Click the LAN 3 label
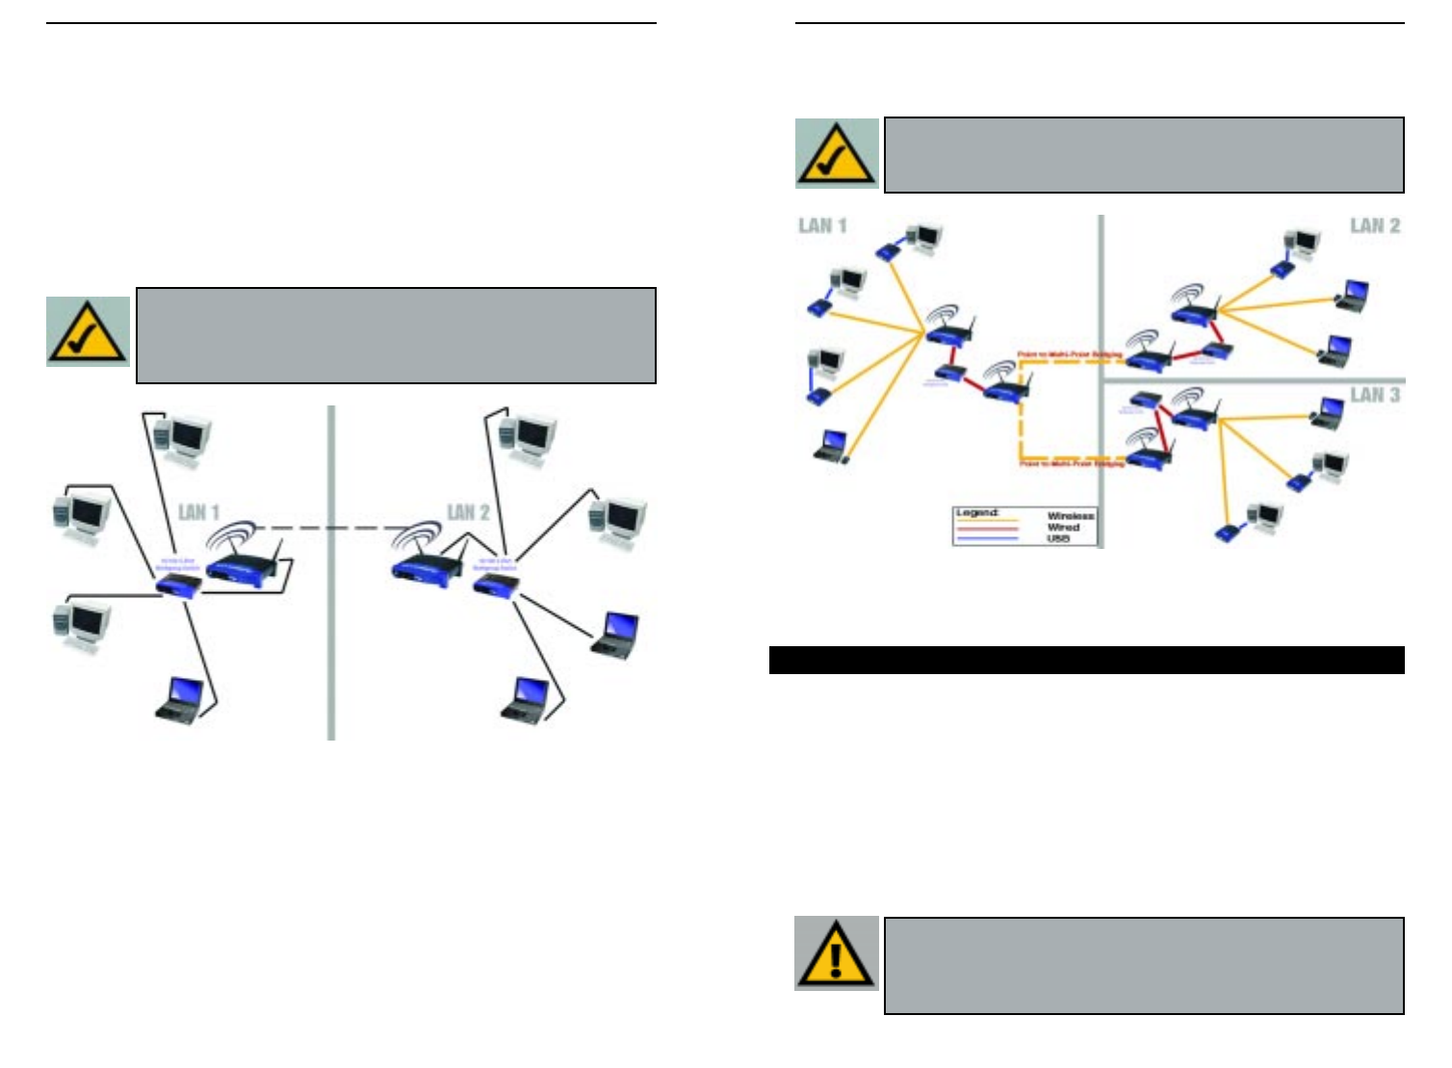pos(1374,395)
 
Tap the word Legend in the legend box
pos(977,512)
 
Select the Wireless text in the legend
pos(1071,516)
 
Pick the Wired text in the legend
pos(1064,528)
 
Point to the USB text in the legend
pos(1058,538)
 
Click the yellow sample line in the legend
pos(987,521)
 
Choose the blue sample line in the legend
pos(987,538)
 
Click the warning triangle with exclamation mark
pos(836,952)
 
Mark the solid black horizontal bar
pos(1086,661)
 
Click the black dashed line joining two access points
pos(332,528)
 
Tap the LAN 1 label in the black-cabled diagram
pos(199,511)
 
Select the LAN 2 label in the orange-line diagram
pos(1374,226)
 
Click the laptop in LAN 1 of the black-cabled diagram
pos(181,699)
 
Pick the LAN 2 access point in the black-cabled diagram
pos(424,559)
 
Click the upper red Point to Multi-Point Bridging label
pos(1069,355)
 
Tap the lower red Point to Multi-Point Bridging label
pos(1071,464)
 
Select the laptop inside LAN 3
pos(1328,414)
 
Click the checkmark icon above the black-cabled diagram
pos(88,331)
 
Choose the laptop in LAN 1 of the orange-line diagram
pos(831,445)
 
